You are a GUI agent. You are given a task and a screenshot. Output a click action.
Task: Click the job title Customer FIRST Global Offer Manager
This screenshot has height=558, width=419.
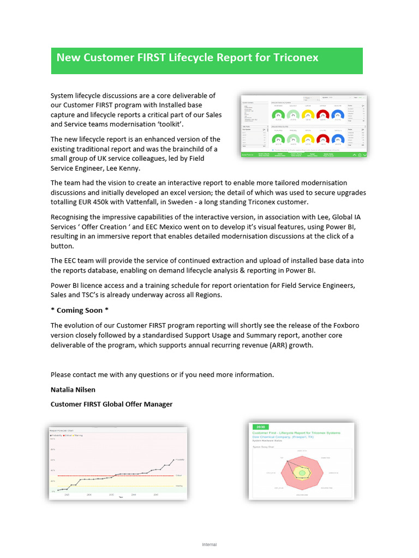pos(111,404)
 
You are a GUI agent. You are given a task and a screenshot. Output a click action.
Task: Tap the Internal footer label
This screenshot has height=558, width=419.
pos(209,544)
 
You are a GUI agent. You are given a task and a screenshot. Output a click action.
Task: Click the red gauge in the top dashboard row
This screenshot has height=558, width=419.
pos(323,115)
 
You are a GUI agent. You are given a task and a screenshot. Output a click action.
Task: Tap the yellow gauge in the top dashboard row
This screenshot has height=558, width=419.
pos(308,115)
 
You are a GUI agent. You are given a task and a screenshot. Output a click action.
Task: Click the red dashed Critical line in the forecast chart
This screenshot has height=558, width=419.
pos(120,476)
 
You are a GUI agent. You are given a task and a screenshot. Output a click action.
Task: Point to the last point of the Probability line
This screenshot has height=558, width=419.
pos(173,460)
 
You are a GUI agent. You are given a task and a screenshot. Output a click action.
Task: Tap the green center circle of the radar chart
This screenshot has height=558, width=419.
pos(301,473)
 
